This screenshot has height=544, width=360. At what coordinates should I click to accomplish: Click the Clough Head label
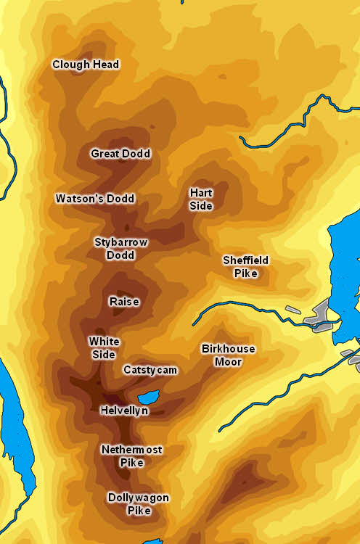point(86,65)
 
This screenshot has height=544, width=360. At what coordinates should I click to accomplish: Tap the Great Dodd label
point(120,154)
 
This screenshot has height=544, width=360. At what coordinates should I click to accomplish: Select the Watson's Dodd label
point(95,199)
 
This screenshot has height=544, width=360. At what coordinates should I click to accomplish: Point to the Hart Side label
point(201,199)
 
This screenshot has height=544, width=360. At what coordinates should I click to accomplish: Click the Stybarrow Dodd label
point(120,249)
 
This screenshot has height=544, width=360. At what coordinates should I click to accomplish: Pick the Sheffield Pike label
point(245,267)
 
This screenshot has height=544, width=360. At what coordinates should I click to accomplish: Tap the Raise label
point(124,302)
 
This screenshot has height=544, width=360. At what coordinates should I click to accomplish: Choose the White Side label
point(104,348)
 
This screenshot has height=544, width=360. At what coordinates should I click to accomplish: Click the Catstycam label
point(150,370)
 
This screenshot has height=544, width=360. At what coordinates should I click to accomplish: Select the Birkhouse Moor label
point(228,355)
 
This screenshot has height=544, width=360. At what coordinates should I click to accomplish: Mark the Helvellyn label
point(124,411)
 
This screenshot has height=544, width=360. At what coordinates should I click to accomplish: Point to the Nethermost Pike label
point(131,456)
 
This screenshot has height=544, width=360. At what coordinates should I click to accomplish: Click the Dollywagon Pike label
point(138,504)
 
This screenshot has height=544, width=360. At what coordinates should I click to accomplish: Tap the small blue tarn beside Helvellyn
point(148,397)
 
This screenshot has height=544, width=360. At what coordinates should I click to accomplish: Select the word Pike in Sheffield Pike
point(245,273)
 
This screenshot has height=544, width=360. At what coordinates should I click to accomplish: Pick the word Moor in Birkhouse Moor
point(228,362)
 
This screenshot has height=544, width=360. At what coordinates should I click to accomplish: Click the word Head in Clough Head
point(105,65)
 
